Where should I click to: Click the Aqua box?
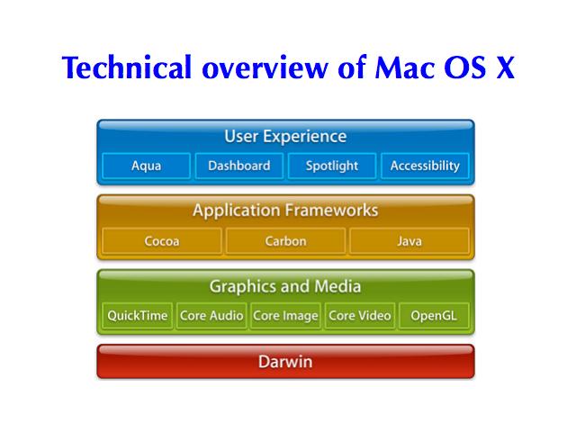click(146, 166)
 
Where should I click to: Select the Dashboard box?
click(239, 166)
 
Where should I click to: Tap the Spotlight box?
click(332, 166)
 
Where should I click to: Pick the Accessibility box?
click(425, 166)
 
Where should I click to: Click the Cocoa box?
click(162, 241)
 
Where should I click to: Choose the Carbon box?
click(286, 241)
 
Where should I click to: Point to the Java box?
click(409, 241)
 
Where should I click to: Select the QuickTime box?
click(138, 316)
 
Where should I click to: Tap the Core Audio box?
click(211, 316)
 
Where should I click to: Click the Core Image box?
click(286, 316)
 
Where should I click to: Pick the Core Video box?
click(360, 316)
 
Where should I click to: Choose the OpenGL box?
click(434, 316)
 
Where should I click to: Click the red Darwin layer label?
click(285, 362)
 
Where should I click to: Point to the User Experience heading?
click(285, 137)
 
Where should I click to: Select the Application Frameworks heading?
click(285, 211)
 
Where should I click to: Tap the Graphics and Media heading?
click(285, 286)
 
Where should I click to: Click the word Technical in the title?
click(127, 67)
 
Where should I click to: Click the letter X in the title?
click(505, 67)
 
